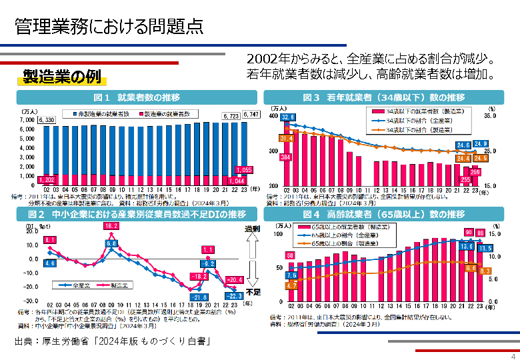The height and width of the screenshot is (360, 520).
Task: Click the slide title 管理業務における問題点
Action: (x=109, y=26)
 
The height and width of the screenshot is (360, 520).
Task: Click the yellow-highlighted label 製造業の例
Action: (x=62, y=77)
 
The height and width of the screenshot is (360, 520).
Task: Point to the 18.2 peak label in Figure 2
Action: (x=111, y=227)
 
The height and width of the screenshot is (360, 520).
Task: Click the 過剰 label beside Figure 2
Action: (x=251, y=229)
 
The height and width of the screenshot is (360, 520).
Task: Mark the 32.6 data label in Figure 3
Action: (x=287, y=117)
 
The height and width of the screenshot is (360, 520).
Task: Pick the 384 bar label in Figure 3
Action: (x=286, y=157)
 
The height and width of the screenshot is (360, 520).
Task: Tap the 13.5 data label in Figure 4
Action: (x=485, y=248)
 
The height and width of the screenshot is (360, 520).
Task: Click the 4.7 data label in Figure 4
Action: (x=291, y=285)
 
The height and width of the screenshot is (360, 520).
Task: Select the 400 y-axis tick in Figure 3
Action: (x=272, y=116)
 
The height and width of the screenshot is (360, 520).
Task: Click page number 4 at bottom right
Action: (x=513, y=354)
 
